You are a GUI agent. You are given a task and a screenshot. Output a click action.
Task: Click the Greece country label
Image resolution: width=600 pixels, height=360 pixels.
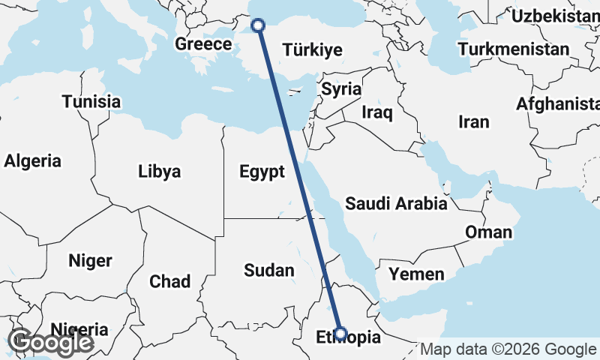point(203,44)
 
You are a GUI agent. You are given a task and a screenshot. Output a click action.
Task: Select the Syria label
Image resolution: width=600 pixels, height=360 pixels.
point(341,88)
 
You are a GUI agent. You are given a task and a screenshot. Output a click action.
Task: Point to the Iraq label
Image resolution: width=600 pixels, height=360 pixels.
point(376,112)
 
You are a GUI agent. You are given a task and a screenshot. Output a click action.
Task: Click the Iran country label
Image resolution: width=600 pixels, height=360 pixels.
point(473,121)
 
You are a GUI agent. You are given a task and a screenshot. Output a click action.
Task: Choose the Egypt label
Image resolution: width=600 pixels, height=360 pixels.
point(262,172)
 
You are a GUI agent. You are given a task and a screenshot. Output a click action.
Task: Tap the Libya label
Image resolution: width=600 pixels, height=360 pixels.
point(159,171)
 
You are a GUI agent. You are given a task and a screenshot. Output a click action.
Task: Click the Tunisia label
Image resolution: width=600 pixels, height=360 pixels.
point(91,101)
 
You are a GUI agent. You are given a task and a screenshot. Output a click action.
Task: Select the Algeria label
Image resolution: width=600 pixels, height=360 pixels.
point(32,160)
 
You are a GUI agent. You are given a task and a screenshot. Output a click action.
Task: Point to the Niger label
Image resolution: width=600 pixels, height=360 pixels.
point(90,261)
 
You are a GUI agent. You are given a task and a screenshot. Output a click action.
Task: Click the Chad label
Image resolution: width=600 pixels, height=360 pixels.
point(169,281)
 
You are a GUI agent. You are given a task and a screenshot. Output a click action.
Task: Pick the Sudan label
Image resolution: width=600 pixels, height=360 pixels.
point(268,270)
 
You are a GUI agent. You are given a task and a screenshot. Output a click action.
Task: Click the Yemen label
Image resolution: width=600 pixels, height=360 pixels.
point(416,274)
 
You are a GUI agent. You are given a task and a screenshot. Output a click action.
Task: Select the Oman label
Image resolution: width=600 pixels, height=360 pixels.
point(488,232)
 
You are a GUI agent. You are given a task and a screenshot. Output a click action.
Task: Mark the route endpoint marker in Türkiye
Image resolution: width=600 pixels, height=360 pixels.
point(258,25)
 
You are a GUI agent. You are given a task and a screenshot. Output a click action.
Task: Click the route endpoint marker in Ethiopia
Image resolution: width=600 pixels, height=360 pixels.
point(340,334)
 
